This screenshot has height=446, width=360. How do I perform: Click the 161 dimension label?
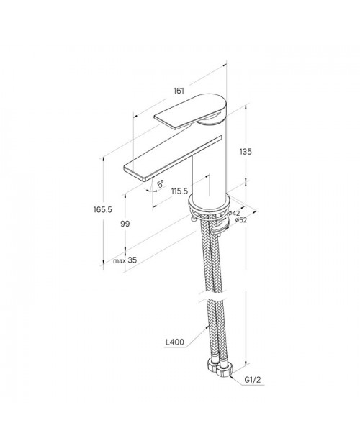tap(179, 91)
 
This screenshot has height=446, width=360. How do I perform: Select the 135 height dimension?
tap(246, 152)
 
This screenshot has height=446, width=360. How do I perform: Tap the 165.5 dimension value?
tap(103, 209)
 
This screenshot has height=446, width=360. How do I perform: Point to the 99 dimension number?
tap(125, 224)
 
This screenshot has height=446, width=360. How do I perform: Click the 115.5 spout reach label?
tap(179, 191)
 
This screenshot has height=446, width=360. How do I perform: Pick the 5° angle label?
tap(161, 183)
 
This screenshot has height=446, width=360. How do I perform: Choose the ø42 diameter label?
tap(234, 213)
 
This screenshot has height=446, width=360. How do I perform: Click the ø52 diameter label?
tap(240, 220)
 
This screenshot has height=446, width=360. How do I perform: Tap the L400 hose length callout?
tap(175, 342)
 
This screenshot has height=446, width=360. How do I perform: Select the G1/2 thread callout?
tap(253, 380)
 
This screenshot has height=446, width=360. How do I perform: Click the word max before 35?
tap(120, 260)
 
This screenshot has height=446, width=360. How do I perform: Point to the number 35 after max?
tap(132, 260)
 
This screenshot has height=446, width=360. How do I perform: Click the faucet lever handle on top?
tap(190, 111)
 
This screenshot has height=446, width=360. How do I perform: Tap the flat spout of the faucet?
tap(173, 158)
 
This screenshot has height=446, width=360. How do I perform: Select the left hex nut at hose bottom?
tap(212, 365)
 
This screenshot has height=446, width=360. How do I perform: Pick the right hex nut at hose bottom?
tap(224, 370)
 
